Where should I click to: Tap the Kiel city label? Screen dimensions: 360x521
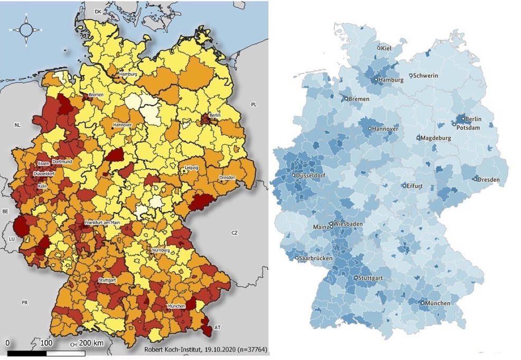[386, 48]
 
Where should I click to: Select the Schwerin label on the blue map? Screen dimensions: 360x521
[426, 76]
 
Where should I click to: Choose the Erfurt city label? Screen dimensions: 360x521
[414, 186]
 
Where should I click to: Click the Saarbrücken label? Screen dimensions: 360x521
[315, 259]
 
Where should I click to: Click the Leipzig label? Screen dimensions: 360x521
[191, 168]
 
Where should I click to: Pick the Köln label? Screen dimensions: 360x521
[42, 186]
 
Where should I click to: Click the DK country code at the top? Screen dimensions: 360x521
[97, 11]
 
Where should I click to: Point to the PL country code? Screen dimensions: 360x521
[254, 105]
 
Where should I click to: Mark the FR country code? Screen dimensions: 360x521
[24, 303]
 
